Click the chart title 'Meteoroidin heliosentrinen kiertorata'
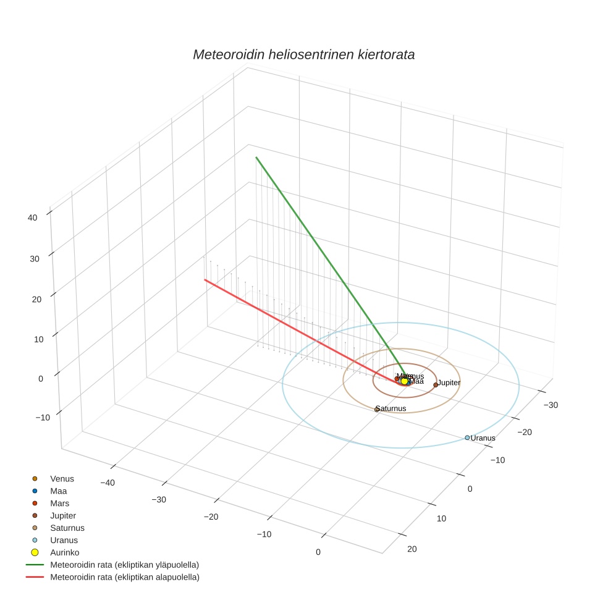tap(303, 54)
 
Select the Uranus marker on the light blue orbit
tap(467, 437)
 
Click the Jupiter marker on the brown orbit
tap(436, 384)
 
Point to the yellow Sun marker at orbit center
tap(404, 381)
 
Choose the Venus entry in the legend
tap(62, 478)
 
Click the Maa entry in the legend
tap(59, 491)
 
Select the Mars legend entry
tap(59, 503)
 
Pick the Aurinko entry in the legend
tap(64, 552)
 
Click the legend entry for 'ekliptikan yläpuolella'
tap(124, 565)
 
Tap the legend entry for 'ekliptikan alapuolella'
tap(124, 577)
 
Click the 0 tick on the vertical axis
tap(40, 378)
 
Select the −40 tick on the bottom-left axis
tap(107, 483)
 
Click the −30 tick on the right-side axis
tap(550, 405)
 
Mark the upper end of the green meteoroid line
tap(256, 158)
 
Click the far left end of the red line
tap(205, 280)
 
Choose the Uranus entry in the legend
tap(64, 540)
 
